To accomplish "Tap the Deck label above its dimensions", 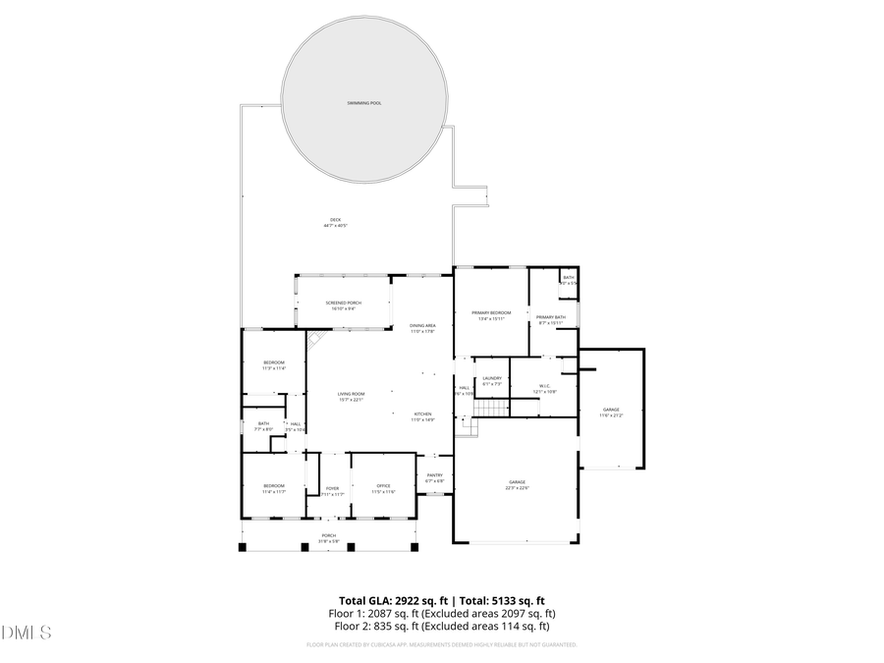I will (x=335, y=219).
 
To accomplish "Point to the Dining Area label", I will (x=422, y=325).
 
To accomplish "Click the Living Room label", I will (x=351, y=393).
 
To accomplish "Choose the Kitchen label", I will (x=422, y=414).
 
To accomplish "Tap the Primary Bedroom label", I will (x=490, y=312).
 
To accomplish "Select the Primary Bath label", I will (x=550, y=316).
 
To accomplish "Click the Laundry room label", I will (x=492, y=378).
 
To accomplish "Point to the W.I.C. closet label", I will (x=544, y=385).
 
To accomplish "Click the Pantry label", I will (x=434, y=475).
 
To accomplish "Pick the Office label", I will (x=384, y=486).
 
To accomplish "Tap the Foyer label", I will (x=333, y=487).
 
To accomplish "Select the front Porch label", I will (x=328, y=535).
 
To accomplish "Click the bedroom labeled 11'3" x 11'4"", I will (x=273, y=362).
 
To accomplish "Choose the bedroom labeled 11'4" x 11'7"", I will (x=273, y=486).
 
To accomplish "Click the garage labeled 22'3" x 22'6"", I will (x=517, y=482).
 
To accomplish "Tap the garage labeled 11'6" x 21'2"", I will (x=611, y=410).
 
